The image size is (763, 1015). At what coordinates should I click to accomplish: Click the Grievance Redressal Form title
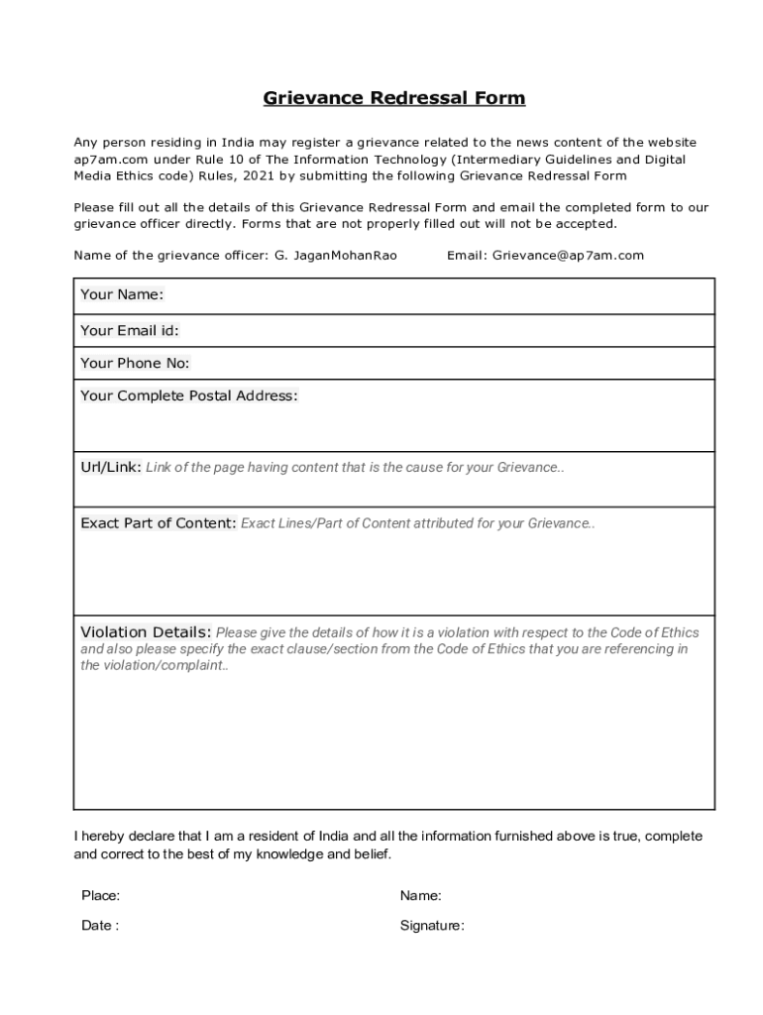(x=393, y=98)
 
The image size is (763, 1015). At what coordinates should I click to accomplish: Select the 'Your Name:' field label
(x=122, y=295)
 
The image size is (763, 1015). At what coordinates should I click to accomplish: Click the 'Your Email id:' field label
(x=130, y=331)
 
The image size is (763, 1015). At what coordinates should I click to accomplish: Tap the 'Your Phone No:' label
(x=135, y=364)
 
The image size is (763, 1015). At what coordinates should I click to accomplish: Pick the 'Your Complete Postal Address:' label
(x=188, y=396)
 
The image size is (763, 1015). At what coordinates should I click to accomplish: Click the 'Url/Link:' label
(x=110, y=467)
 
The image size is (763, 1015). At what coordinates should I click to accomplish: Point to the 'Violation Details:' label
(x=146, y=632)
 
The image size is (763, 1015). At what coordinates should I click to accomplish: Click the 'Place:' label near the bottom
(x=101, y=896)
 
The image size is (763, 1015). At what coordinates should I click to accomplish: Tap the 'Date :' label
(x=100, y=926)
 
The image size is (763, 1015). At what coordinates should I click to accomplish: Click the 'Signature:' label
(x=432, y=926)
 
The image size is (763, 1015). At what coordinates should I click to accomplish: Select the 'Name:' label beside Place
(x=421, y=896)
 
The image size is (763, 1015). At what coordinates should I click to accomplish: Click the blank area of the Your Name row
(x=436, y=295)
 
